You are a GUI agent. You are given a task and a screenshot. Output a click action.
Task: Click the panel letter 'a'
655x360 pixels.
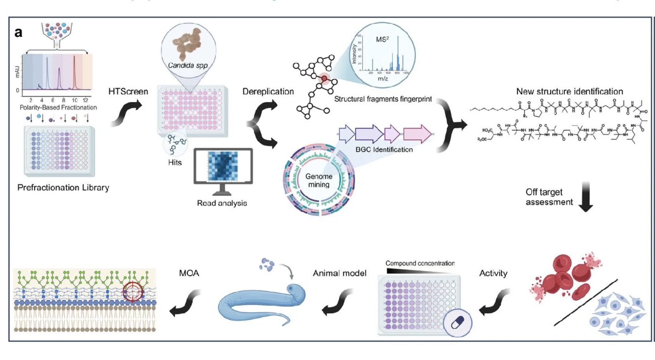(x=18, y=33)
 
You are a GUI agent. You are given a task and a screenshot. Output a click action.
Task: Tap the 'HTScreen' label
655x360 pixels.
(x=128, y=92)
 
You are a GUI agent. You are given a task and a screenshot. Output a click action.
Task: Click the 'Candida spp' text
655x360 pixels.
(x=188, y=65)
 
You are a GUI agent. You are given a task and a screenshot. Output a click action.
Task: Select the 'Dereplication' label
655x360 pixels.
(x=268, y=92)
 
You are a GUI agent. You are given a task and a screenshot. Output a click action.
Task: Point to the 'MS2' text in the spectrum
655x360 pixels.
(x=382, y=39)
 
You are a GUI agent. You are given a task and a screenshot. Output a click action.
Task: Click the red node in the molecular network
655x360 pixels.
(x=324, y=78)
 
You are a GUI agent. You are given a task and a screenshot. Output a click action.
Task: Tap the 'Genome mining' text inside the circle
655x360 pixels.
(x=319, y=180)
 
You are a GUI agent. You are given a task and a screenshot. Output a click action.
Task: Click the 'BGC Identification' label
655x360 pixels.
(x=384, y=150)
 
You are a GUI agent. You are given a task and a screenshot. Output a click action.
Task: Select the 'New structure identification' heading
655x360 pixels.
(x=569, y=92)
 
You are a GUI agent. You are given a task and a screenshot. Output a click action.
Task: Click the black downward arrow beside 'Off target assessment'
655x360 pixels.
(x=586, y=197)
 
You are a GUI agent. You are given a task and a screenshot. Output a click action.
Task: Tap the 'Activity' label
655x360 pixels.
(x=493, y=273)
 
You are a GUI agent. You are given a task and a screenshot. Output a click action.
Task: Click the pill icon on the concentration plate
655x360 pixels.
(x=457, y=322)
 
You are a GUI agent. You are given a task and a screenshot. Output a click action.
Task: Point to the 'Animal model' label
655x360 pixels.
(x=339, y=273)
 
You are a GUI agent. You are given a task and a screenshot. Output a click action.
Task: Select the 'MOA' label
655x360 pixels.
(x=189, y=273)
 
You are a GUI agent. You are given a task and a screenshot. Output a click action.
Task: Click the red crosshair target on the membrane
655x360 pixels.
(x=133, y=292)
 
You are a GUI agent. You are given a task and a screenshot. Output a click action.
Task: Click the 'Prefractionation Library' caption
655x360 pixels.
(x=63, y=188)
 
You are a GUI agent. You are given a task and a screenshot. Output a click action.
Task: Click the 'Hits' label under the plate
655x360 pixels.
(x=175, y=163)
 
